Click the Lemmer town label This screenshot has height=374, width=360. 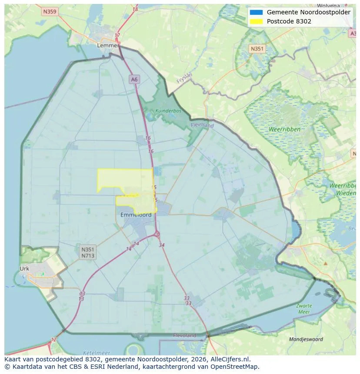pyautogui.click(x=108, y=45)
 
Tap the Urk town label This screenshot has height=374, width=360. pyautogui.click(x=24, y=268)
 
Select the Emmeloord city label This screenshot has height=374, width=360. pyautogui.click(x=136, y=215)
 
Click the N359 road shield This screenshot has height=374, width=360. pyautogui.click(x=50, y=12)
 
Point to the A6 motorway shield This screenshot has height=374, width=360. pyautogui.click(x=134, y=79)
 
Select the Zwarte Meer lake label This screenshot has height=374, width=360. pyautogui.click(x=304, y=309)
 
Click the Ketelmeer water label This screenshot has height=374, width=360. pyautogui.click(x=97, y=353)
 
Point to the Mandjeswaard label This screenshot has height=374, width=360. pyautogui.click(x=306, y=339)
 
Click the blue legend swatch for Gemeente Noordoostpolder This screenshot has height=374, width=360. pyautogui.click(x=257, y=12)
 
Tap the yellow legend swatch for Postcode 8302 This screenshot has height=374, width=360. pyautogui.click(x=257, y=21)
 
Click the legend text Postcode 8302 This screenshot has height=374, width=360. pyautogui.click(x=289, y=21)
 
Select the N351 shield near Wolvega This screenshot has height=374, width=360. pyautogui.click(x=257, y=49)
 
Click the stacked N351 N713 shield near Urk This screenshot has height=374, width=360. pyautogui.click(x=88, y=252)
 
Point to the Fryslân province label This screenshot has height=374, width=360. pyautogui.click(x=185, y=78)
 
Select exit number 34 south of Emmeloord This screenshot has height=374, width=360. pyautogui.click(x=162, y=245)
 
